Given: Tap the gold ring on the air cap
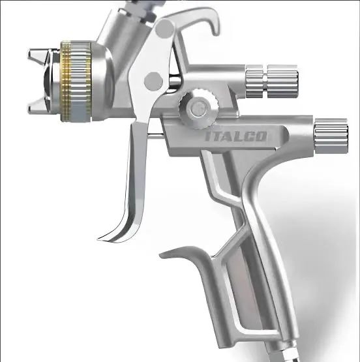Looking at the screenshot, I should click(65, 78).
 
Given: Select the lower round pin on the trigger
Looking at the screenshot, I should click(154, 80).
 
